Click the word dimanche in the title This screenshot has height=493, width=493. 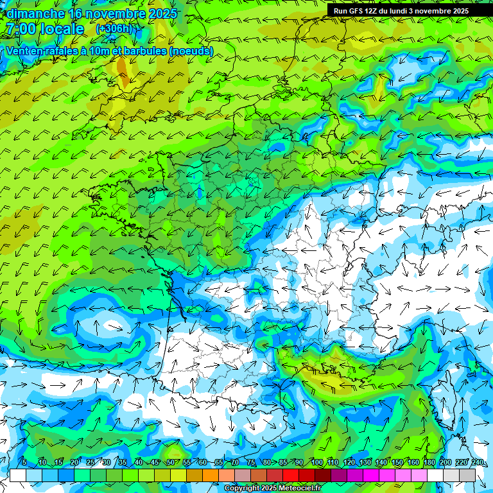pyautogui.click(x=35, y=13)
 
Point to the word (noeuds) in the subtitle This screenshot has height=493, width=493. pyautogui.click(x=192, y=51)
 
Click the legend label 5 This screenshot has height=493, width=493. pyautogui.click(x=24, y=463)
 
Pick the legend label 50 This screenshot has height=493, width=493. pyautogui.click(x=170, y=463)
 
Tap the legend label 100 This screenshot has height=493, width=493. pyautogui.click(x=316, y=463)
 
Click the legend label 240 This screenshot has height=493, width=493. pyautogui.click(x=478, y=463)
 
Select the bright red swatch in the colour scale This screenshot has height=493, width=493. pyautogui.click(x=291, y=475)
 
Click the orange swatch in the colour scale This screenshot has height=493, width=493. pyautogui.click(x=210, y=475)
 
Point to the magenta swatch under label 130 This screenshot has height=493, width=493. pyautogui.click(x=371, y=475)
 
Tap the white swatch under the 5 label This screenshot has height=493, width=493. pyautogui.click(x=18, y=475)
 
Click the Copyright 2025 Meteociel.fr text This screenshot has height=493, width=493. pyautogui.click(x=272, y=488)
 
